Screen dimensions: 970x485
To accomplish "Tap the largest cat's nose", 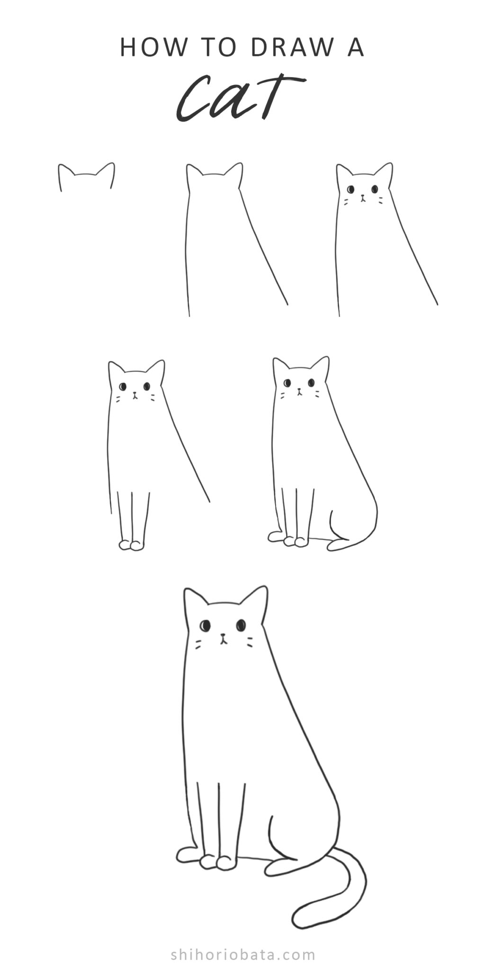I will [223, 636].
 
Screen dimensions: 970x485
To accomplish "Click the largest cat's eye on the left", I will [205, 626].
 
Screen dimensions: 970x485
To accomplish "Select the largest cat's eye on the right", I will [241, 625].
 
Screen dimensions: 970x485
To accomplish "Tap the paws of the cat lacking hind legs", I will [131, 546].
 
